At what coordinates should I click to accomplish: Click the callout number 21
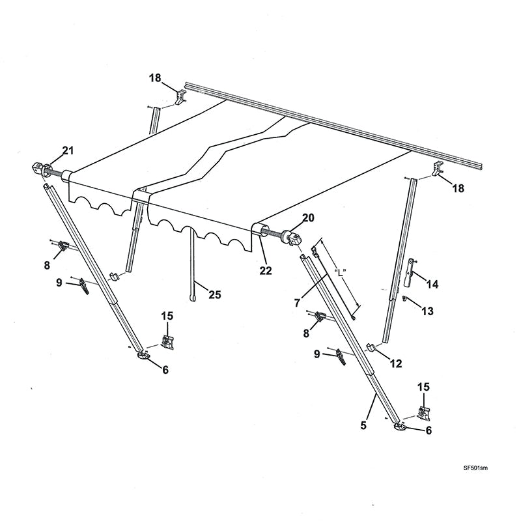(67, 152)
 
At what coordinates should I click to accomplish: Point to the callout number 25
(214, 294)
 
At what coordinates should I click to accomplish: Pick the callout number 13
(427, 311)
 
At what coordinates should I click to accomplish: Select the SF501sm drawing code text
(475, 468)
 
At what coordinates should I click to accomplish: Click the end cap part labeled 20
(292, 238)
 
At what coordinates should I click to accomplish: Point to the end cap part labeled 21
(42, 170)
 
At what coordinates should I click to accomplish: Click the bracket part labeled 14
(408, 272)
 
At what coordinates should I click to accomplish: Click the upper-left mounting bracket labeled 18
(180, 97)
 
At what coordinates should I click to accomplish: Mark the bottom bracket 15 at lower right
(423, 412)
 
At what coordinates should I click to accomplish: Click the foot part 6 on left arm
(143, 355)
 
